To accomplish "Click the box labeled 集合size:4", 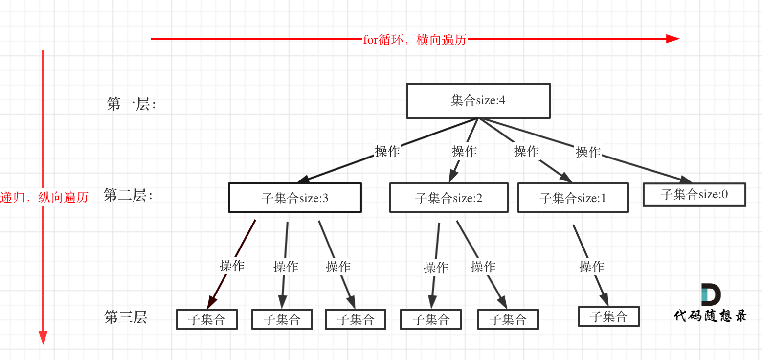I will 478,101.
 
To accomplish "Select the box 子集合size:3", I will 295,198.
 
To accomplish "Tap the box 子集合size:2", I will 448,198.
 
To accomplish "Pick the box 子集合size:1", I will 573,198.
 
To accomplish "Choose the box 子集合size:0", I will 694,194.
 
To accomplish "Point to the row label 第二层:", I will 128,196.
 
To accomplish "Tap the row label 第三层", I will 126,317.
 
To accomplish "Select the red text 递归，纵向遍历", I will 44,197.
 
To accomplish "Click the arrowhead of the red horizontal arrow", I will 673,39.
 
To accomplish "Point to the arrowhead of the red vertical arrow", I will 43,337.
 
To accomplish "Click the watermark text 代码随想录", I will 710,316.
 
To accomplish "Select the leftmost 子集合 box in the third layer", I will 207,319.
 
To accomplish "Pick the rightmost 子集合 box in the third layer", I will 608,316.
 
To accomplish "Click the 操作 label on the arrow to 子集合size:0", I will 588,152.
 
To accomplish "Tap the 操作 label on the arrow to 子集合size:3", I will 387,151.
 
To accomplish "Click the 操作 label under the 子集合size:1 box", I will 591,267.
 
